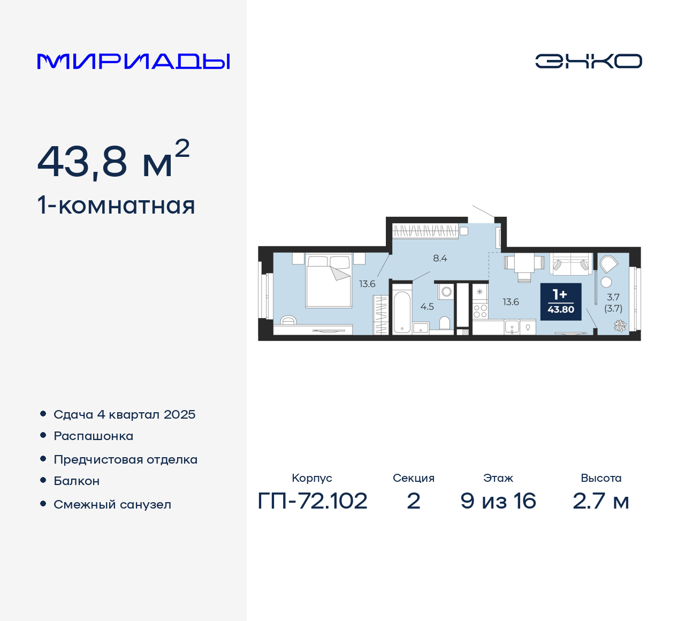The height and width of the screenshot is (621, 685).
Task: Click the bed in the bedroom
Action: click(329, 281)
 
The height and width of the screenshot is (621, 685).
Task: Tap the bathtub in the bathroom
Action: click(402, 313)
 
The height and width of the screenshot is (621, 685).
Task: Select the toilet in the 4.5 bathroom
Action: click(445, 323)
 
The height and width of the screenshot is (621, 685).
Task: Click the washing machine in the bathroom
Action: click(446, 292)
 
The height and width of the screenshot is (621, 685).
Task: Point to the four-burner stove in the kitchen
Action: click(480, 311)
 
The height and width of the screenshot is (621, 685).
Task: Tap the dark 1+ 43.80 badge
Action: click(560, 301)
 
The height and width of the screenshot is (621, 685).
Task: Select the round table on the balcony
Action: click(606, 282)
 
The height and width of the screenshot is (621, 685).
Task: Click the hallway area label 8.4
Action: click(440, 258)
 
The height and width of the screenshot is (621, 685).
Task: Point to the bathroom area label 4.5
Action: click(427, 307)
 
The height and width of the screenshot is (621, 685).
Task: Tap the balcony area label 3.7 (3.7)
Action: click(613, 302)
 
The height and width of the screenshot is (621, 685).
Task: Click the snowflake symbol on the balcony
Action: click(620, 325)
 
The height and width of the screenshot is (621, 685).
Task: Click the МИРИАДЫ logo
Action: click(134, 62)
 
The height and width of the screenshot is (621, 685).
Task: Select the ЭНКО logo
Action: click(589, 61)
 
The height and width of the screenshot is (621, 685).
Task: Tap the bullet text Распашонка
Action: click(94, 436)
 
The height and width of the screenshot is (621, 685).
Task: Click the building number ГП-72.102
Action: click(313, 501)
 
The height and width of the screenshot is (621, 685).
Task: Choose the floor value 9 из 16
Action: click(498, 501)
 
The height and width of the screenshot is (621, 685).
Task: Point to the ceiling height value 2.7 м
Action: click(601, 501)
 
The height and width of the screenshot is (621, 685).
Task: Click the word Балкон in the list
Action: click(77, 481)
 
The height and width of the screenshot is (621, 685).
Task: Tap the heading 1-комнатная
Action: click(116, 206)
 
